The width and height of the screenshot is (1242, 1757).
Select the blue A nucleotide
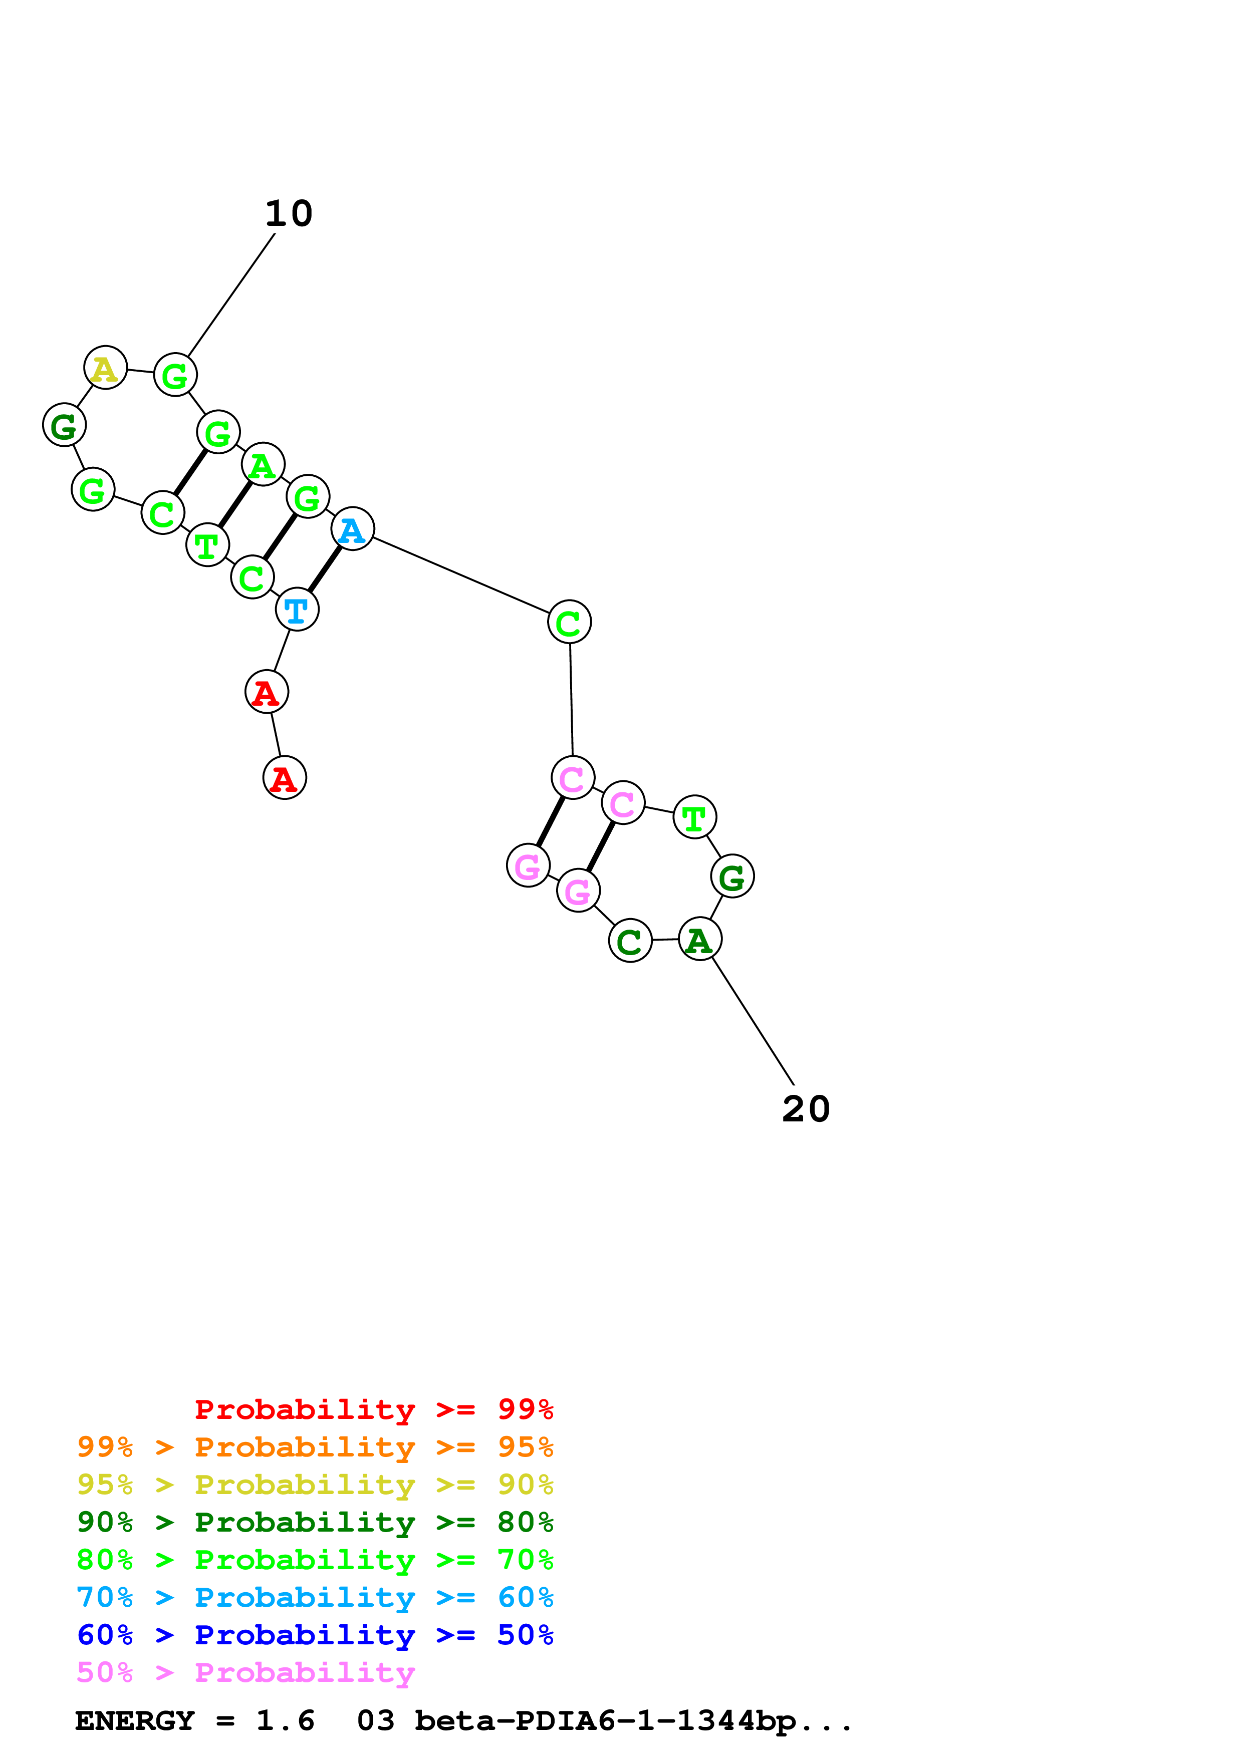click(352, 529)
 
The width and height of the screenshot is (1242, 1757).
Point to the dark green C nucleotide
click(630, 941)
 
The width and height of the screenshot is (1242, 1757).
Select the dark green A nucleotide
click(699, 939)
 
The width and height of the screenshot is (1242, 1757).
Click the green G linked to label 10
click(175, 375)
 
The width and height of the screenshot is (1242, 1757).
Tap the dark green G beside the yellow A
click(64, 425)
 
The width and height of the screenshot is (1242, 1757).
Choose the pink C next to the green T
click(623, 803)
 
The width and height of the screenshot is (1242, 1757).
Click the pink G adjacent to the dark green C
click(578, 891)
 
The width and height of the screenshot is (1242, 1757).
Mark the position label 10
click(289, 213)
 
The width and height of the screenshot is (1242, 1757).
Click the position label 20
click(806, 1109)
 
